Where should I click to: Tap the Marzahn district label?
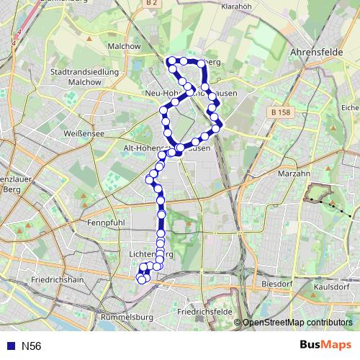pos(293,174)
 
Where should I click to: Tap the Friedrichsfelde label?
pos(209,313)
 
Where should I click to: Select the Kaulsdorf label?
pos(332,286)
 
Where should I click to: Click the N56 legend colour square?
pos(10,346)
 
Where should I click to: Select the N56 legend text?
pos(31,346)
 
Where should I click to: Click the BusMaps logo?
pos(325,345)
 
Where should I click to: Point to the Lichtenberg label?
pos(150,255)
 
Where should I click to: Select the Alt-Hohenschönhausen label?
pos(167,148)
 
